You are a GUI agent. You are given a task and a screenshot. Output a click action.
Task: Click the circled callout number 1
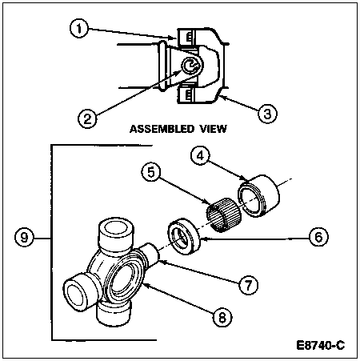[x=79, y=28]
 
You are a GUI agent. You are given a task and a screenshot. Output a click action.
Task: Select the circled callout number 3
[x=267, y=114]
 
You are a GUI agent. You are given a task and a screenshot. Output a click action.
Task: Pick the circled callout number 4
[x=201, y=155]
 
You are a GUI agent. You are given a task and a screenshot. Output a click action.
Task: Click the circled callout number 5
[x=151, y=172]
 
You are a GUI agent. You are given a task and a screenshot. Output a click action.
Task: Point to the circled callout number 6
[x=319, y=237]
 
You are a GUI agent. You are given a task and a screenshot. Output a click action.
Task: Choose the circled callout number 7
[x=249, y=285]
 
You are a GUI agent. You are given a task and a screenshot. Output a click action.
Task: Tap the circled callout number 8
[x=222, y=318]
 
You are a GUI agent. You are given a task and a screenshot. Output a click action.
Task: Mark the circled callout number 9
[x=24, y=237]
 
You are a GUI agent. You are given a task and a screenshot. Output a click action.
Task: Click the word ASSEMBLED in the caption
[x=162, y=129]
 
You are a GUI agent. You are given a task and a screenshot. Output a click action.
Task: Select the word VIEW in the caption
[x=214, y=129]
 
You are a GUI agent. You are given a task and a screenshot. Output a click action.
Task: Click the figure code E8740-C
[x=321, y=345]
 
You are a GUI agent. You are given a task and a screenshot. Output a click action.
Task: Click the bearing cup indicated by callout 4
[x=258, y=195]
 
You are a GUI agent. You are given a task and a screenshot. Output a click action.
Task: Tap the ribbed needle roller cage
[x=224, y=215]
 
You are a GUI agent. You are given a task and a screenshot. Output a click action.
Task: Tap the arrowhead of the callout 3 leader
[x=222, y=97]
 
